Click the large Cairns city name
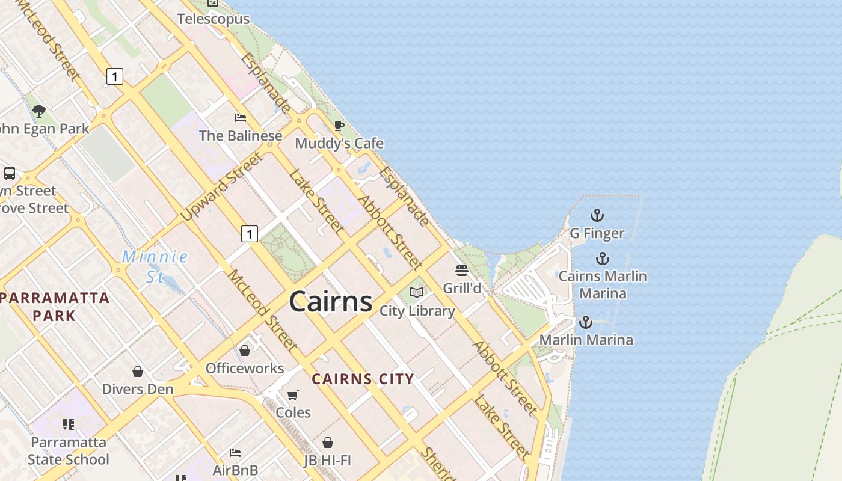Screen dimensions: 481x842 click(x=331, y=301)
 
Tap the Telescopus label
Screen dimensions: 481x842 click(x=213, y=19)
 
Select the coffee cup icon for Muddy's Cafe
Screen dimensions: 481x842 click(x=339, y=126)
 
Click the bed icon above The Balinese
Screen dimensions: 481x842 click(x=241, y=117)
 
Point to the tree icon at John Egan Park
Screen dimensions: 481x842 click(x=39, y=111)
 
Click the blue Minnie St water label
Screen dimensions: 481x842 click(x=155, y=266)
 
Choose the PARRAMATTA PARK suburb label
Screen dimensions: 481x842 click(x=55, y=306)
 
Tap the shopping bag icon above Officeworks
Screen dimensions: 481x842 click(x=245, y=350)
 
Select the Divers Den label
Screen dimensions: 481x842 click(x=138, y=389)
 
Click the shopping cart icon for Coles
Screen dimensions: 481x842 click(x=293, y=395)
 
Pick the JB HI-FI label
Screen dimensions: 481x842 click(x=327, y=461)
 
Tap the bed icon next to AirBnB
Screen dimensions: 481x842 click(x=235, y=452)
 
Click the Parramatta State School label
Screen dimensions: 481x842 click(x=69, y=451)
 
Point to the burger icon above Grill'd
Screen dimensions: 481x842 click(x=462, y=271)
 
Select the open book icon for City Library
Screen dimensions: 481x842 click(x=417, y=293)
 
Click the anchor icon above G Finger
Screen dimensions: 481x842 click(x=597, y=215)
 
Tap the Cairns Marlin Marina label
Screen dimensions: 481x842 click(x=603, y=284)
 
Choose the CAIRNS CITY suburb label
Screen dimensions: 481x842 click(x=363, y=379)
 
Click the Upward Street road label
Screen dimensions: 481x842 click(x=222, y=186)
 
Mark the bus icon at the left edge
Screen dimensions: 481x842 click(x=10, y=173)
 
